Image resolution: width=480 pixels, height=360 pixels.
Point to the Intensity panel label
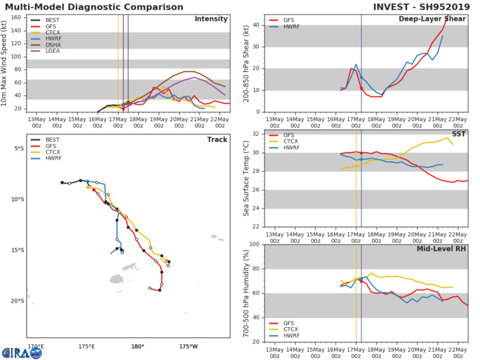tap(212, 19)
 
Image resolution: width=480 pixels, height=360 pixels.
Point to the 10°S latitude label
tap(17, 200)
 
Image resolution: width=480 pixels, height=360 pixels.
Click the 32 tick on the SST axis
tap(257, 134)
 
